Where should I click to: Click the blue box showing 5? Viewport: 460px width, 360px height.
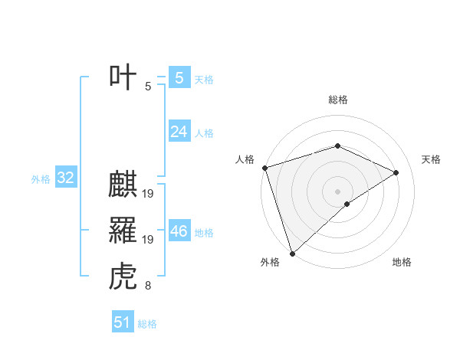179,78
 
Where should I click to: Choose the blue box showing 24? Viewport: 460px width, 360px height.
179,132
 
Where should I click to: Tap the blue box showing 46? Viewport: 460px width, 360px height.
179,231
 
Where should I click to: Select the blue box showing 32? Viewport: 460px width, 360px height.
65,178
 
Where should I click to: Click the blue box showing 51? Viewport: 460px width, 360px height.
122,322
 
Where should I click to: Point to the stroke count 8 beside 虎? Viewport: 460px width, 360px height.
148,286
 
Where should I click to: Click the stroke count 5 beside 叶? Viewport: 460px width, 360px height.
148,87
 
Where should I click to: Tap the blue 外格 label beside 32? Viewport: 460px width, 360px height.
41,179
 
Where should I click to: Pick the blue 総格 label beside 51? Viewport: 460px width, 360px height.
147,324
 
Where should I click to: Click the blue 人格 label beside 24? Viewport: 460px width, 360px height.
204,133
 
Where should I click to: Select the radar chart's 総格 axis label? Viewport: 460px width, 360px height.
337,100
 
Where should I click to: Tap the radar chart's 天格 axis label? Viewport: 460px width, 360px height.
431,159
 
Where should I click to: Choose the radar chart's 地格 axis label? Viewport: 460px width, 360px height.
402,263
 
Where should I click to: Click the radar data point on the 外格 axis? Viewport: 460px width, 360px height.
291,254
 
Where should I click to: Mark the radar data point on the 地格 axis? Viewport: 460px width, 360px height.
347,204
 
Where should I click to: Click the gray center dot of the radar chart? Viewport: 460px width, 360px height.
337,190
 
